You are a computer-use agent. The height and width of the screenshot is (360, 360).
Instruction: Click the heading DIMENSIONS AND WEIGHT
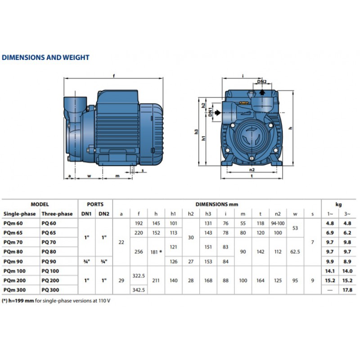coord(45,58)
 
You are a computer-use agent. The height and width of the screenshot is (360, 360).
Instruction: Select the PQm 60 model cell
coord(13,223)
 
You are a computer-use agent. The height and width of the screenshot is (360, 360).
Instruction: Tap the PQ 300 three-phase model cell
coord(50,290)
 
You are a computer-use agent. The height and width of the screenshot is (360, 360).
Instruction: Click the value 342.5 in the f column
coord(139,290)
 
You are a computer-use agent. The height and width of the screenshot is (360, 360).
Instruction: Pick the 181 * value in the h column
coord(156,252)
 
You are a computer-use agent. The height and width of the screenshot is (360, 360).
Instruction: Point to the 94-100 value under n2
coord(278,223)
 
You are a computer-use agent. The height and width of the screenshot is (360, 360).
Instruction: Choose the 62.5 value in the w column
coord(295,252)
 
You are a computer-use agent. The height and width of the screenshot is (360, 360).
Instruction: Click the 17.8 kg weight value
coord(347,290)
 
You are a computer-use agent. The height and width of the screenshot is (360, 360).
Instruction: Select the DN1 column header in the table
coord(86,214)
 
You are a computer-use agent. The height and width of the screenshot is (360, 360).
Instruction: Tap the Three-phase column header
coord(57,214)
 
